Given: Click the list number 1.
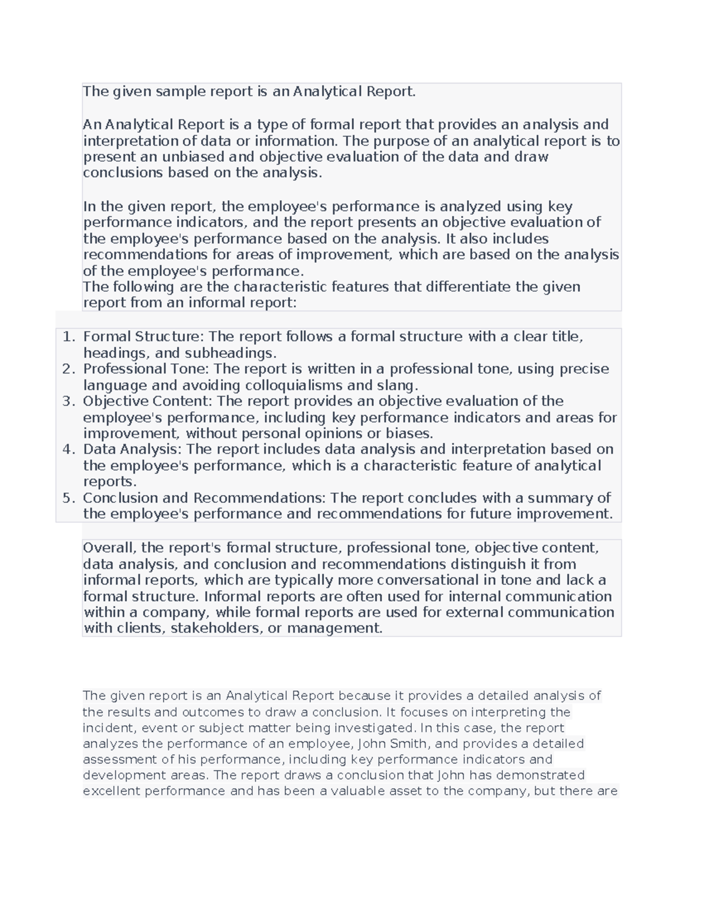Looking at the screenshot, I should click(x=68, y=337).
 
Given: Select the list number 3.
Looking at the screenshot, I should click(x=68, y=401).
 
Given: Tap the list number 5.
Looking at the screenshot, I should click(x=68, y=498).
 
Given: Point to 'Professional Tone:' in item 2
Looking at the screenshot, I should click(x=146, y=369).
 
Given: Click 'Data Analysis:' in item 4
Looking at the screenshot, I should click(x=133, y=449).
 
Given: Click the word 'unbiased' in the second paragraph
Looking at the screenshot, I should click(x=193, y=157).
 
